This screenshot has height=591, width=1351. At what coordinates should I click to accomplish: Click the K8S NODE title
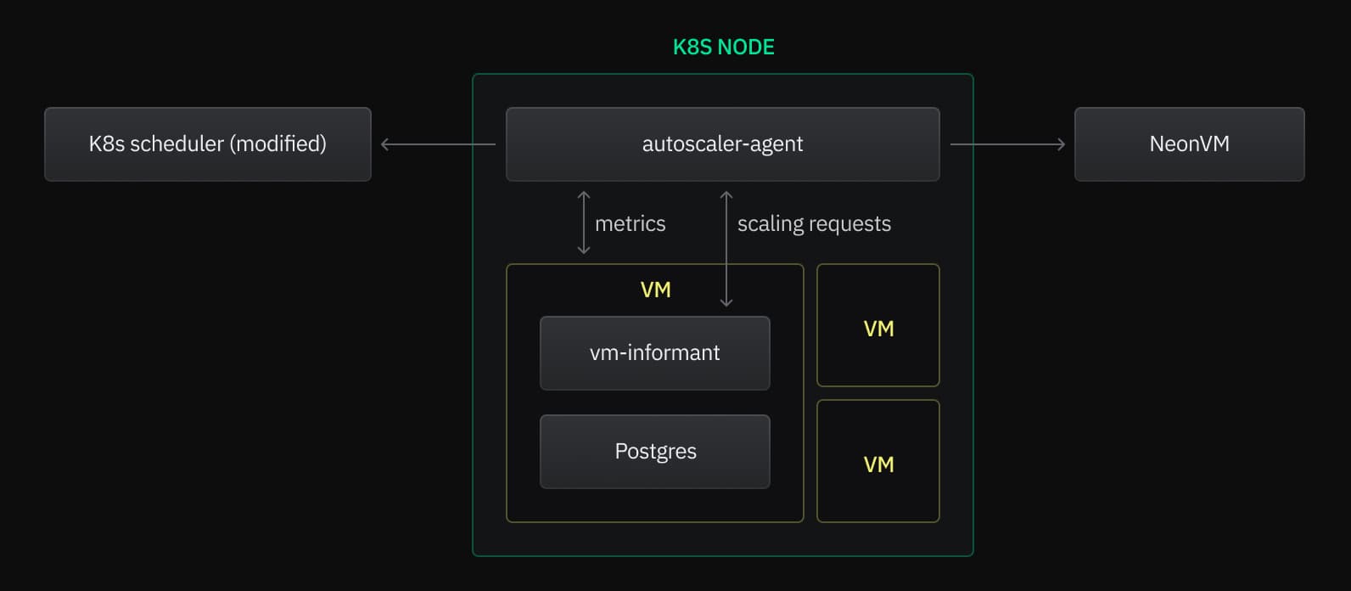click(x=723, y=47)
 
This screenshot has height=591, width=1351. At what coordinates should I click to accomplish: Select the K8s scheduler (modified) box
click(x=207, y=144)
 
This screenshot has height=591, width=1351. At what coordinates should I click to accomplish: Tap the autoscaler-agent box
click(x=722, y=144)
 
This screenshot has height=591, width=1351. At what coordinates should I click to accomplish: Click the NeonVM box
click(x=1189, y=144)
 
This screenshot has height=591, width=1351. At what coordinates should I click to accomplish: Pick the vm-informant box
click(x=654, y=352)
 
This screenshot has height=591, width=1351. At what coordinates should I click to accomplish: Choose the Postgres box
click(x=654, y=451)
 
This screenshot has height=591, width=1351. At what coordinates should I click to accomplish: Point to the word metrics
click(x=630, y=223)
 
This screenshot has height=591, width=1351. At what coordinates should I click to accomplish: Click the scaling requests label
click(x=814, y=223)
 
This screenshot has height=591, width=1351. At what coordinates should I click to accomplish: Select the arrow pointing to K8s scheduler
click(x=438, y=144)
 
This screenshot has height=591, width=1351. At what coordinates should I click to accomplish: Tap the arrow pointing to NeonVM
click(x=1007, y=144)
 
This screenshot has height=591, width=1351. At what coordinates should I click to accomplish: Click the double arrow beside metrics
click(x=584, y=222)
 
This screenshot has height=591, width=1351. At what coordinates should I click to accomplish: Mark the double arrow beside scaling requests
click(x=726, y=248)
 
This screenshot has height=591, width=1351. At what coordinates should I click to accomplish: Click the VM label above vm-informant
click(x=655, y=290)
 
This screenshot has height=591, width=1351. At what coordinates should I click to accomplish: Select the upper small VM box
click(x=877, y=326)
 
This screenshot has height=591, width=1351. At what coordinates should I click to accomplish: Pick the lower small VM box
click(x=877, y=461)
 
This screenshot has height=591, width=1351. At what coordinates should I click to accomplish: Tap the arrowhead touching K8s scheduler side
click(x=385, y=144)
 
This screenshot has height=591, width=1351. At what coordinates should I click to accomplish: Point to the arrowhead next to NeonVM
click(x=1061, y=144)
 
